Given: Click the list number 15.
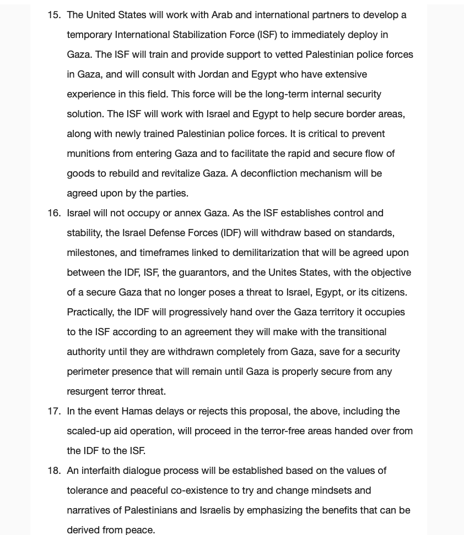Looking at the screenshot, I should (x=53, y=15).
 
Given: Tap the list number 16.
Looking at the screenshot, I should (x=53, y=213).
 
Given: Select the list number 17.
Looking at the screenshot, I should (x=53, y=411).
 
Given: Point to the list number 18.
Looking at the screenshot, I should (x=53, y=471).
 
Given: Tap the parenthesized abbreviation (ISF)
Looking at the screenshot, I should (x=267, y=35).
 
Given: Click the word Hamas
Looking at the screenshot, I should (x=137, y=411).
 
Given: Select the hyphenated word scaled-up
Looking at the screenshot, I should (x=91, y=431).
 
